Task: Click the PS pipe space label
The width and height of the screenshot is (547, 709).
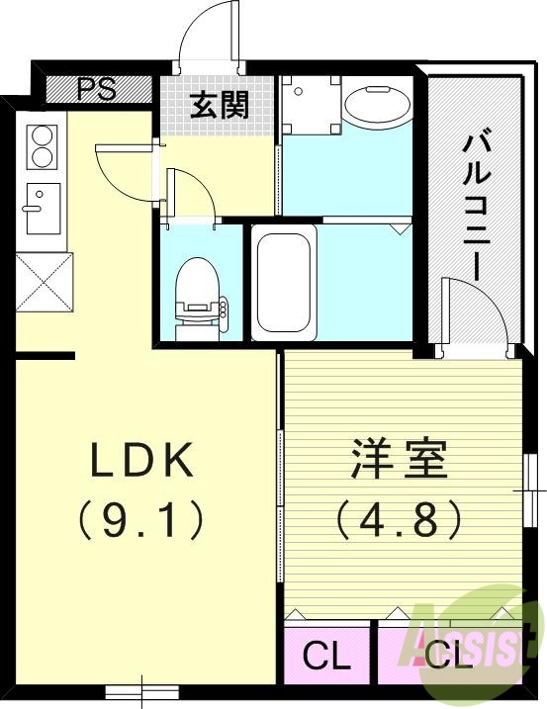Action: click(x=96, y=88)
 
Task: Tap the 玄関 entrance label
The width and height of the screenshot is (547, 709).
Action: click(x=219, y=104)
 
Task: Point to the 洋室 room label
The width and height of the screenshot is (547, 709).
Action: click(x=399, y=459)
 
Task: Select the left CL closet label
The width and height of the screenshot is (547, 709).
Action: click(x=325, y=656)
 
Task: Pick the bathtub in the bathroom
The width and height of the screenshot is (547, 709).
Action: click(x=283, y=282)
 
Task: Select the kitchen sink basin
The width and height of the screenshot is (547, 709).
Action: click(x=43, y=208)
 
